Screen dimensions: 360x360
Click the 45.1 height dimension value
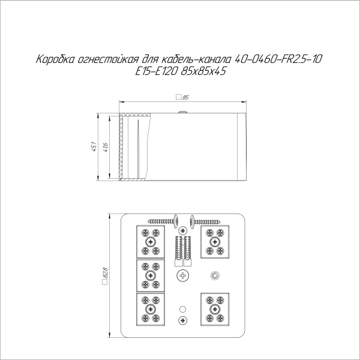coord(93,146)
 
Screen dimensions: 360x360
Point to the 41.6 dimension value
coord(106,146)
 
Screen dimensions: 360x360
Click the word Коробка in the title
coord(55,60)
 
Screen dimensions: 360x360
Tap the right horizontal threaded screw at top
coord(208,221)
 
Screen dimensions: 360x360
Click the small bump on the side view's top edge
coord(180,112)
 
